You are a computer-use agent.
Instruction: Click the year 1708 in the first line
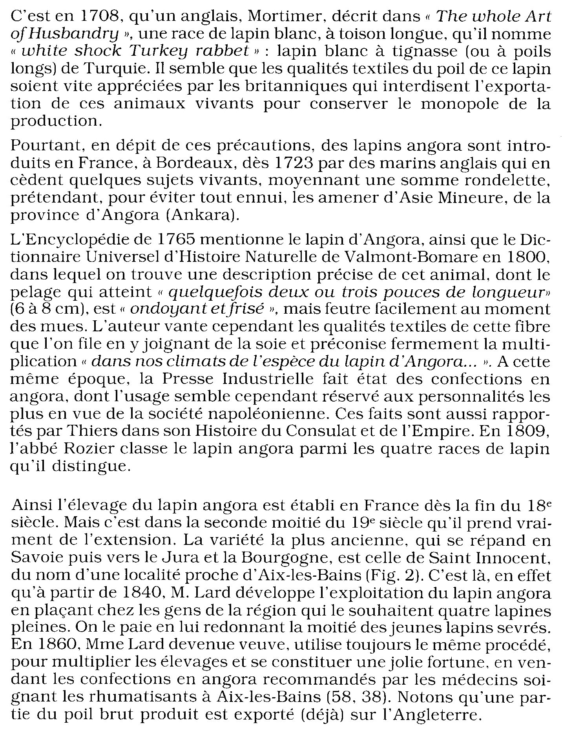point(93,17)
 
